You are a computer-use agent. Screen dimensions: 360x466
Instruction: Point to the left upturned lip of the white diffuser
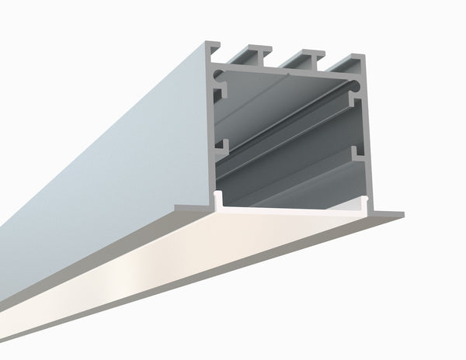[x=220, y=199]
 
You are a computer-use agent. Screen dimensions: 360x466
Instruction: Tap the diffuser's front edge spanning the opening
[x=291, y=209]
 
